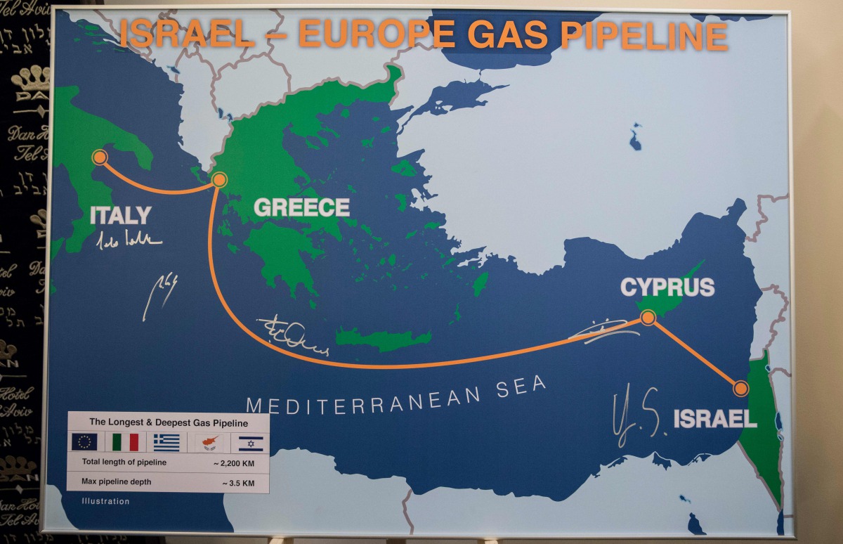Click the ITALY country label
120,215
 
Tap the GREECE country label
301,207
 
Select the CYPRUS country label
667,287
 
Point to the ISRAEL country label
715,419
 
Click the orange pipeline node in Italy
100,157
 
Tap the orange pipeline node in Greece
219,180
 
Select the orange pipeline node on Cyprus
648,318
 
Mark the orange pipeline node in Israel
740,389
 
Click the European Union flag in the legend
84,442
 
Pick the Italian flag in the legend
126,442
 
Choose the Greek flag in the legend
166,442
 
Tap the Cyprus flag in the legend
209,442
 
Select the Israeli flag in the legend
250,443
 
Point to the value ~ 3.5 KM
239,483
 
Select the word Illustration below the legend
105,501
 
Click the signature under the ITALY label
129,239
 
